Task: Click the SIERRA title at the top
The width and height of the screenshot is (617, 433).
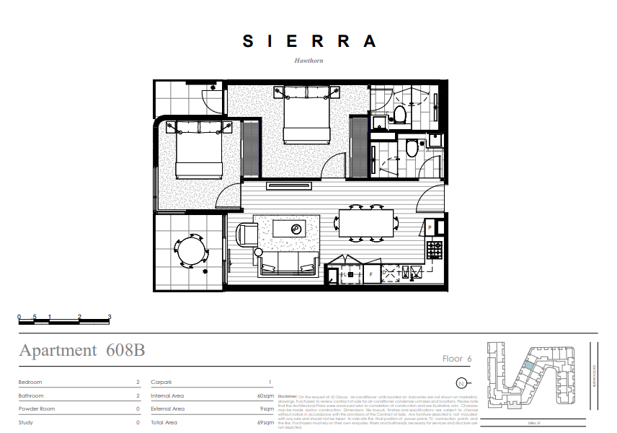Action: tap(309, 41)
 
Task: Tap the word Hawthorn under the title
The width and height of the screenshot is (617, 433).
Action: tap(308, 61)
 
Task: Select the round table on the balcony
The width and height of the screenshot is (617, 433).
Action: tap(192, 251)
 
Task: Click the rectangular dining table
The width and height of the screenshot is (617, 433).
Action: tap(365, 223)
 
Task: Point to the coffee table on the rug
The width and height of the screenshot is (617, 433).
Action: tap(296, 229)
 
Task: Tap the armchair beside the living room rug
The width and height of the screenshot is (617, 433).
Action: tap(247, 235)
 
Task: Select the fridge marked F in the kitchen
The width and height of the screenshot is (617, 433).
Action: tap(370, 274)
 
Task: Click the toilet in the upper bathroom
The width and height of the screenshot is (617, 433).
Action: tap(400, 113)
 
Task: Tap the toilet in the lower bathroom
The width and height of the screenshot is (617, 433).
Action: tap(411, 149)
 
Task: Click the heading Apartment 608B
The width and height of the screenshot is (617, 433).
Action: tap(82, 351)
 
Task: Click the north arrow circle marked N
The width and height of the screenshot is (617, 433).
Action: tap(461, 382)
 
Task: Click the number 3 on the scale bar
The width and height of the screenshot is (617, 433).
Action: tap(109, 317)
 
